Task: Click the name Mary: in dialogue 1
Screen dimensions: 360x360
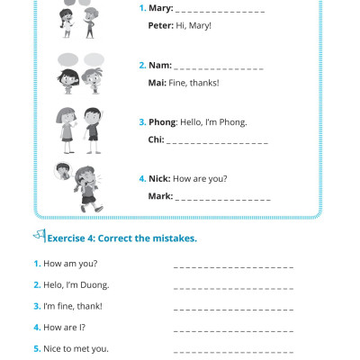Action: click(160, 8)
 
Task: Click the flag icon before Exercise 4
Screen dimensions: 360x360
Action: click(39, 237)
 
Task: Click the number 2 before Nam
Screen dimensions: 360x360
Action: click(142, 66)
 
